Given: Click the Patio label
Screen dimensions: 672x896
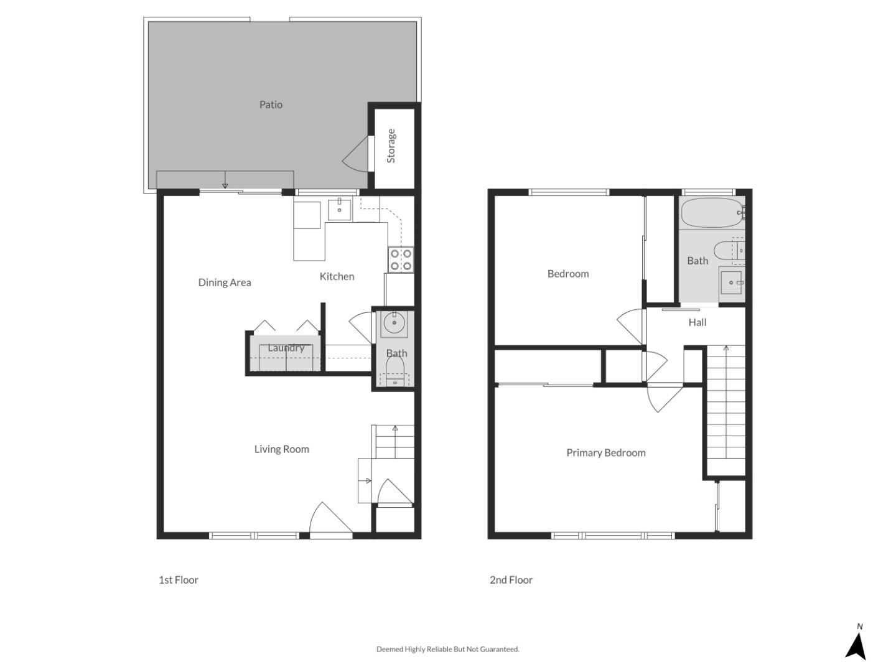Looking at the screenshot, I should point(271,105).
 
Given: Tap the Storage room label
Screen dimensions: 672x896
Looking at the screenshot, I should point(391,146).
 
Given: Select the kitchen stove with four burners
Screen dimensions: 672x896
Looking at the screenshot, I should point(401,259).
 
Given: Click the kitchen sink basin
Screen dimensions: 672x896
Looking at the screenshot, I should point(339,210).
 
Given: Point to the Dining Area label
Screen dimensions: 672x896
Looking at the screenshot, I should point(225,282).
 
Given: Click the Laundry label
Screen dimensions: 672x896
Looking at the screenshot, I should point(286,348).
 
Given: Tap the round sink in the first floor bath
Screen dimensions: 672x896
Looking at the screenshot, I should point(394,323).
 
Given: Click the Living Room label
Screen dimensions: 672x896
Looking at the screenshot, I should point(281,449).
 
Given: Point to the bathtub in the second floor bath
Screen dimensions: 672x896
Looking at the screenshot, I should point(711,213).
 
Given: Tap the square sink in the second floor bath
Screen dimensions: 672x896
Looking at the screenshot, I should point(731,283).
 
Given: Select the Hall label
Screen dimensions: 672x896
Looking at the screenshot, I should point(698,322).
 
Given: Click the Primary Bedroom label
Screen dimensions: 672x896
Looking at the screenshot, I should point(605,453).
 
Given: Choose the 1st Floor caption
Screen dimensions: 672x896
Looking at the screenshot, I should point(179,580).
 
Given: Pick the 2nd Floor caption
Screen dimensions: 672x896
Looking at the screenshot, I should point(511,580).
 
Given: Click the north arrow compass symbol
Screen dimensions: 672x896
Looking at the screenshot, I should point(856,644).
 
